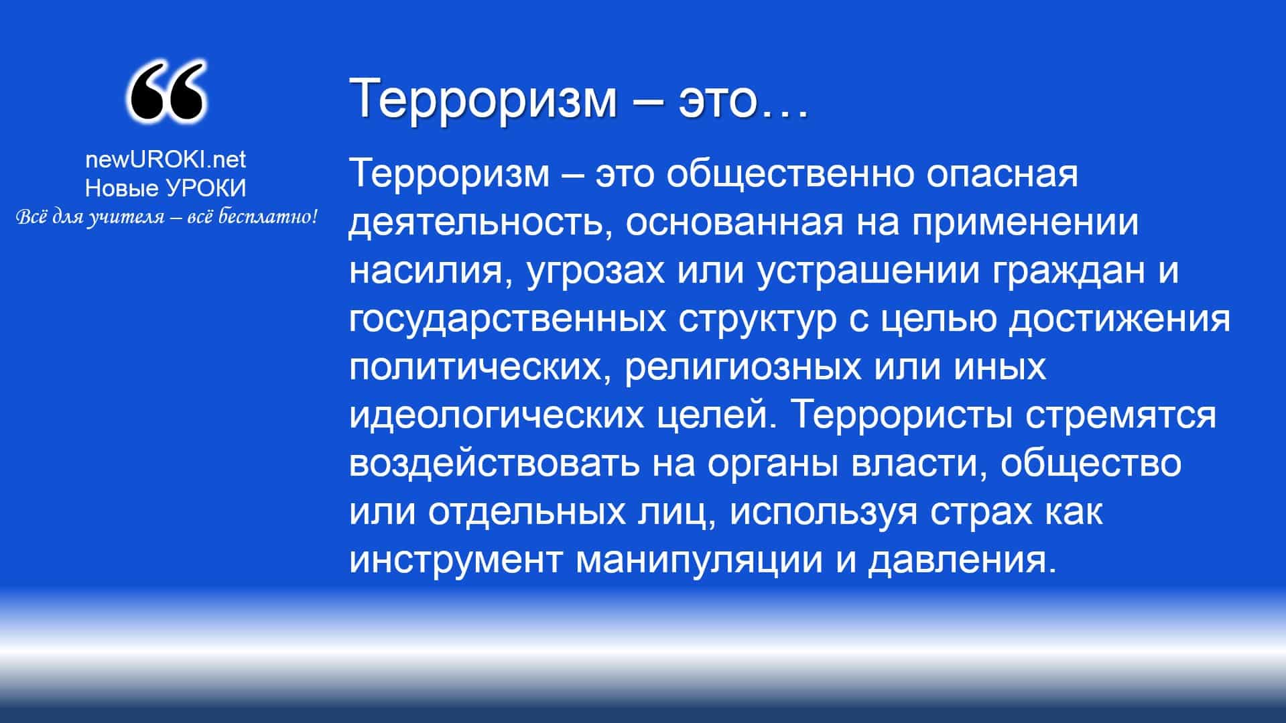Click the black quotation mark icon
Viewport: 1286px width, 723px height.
166,92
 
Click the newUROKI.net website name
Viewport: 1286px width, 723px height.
166,159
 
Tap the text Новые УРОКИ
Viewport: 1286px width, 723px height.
166,188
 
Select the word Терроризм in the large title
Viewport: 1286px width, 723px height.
483,98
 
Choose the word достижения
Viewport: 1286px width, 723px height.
1119,320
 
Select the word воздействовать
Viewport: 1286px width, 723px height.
495,464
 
